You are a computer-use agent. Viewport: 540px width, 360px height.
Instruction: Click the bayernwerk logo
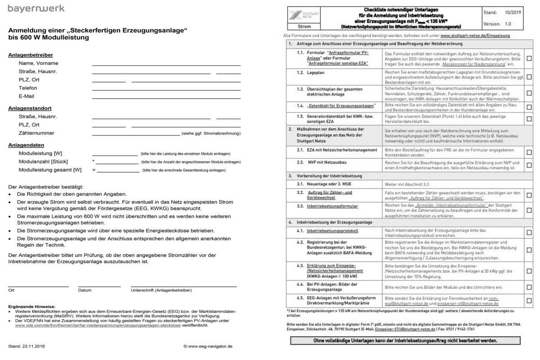point(36,9)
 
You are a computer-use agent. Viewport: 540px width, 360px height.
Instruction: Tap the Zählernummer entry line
point(135,135)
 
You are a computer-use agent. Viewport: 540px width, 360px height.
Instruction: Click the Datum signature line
point(99,286)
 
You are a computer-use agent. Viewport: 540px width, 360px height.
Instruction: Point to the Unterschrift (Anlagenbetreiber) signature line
point(184,286)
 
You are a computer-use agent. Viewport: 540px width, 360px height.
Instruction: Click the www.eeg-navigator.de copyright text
point(208,346)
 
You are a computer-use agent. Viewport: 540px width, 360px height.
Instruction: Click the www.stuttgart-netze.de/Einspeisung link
point(476,35)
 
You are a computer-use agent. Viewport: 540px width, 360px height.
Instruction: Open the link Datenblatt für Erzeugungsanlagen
point(341,106)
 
